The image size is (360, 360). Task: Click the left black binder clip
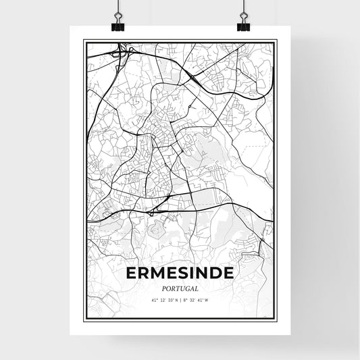(x=118, y=24)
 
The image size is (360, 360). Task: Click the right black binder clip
(x=243, y=24)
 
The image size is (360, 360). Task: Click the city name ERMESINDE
(x=180, y=273)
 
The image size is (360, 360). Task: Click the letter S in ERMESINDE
(x=186, y=273)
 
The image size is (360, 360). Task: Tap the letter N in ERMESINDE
(x=203, y=273)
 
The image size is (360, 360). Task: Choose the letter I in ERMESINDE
(x=194, y=273)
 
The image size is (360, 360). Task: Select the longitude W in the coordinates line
(x=207, y=300)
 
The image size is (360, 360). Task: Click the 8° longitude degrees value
(x=186, y=300)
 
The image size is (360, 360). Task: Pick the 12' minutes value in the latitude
(x=163, y=300)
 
